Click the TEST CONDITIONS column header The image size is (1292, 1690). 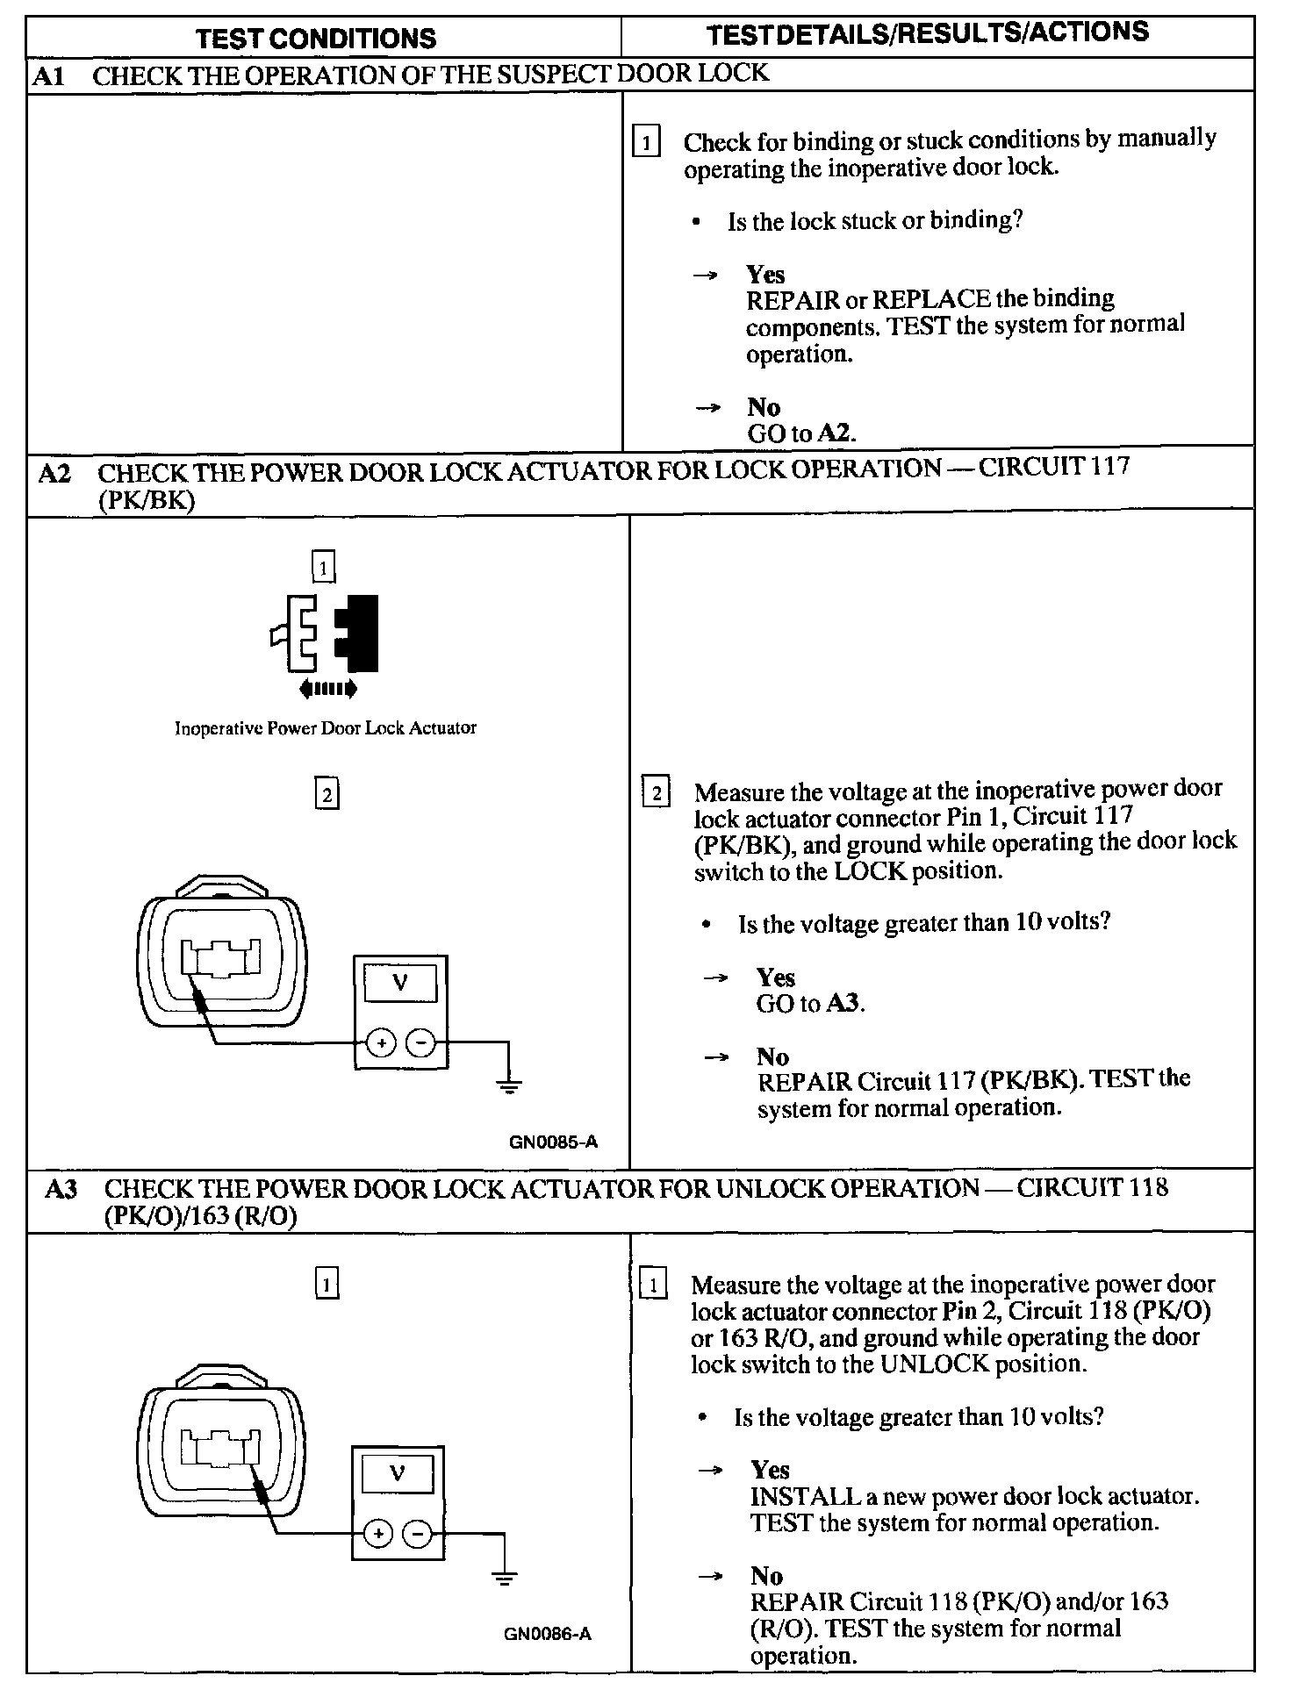(x=316, y=39)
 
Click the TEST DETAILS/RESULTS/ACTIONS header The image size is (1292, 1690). (x=928, y=33)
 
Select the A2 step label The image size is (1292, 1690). (x=54, y=474)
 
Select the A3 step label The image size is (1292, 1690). (x=61, y=1189)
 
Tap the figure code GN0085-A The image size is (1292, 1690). (x=553, y=1142)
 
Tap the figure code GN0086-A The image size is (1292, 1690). (x=548, y=1634)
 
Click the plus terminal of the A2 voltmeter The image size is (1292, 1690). (x=380, y=1042)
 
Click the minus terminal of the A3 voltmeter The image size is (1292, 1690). (x=417, y=1534)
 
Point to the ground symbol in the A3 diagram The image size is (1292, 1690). (x=504, y=1577)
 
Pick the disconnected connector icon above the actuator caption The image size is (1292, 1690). (x=324, y=634)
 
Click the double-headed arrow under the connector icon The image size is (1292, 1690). (x=327, y=689)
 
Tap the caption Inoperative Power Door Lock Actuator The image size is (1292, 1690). (x=325, y=727)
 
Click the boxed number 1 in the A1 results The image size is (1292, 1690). (x=646, y=142)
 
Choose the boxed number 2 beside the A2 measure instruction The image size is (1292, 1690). (x=657, y=792)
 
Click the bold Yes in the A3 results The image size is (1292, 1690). (x=770, y=1469)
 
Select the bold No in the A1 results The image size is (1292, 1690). (x=763, y=407)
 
